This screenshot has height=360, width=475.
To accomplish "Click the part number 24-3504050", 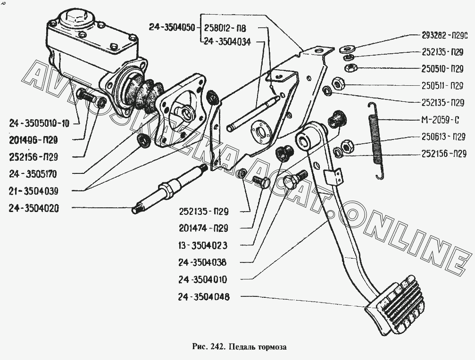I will [171, 28].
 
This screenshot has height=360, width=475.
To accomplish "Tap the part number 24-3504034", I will [227, 41].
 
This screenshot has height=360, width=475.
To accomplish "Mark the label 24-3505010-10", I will [39, 124].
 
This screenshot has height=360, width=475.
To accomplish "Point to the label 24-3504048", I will [202, 297].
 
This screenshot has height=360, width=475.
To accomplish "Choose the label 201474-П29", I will [203, 229].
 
